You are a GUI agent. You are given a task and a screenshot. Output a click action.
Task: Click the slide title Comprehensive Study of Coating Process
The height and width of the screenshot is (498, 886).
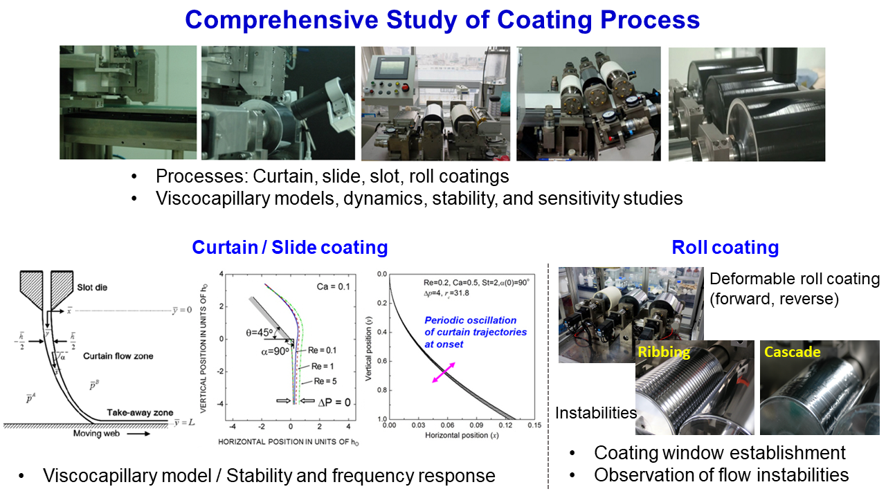[x=442, y=20]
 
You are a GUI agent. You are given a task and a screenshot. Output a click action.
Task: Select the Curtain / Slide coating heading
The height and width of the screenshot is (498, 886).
[x=289, y=248]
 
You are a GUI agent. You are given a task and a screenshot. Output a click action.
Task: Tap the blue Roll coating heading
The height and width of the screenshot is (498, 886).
[x=725, y=248]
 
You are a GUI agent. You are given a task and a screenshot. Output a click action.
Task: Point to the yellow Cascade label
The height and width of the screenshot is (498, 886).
[x=792, y=352]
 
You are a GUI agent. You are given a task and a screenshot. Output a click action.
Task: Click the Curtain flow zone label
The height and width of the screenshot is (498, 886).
[x=118, y=356]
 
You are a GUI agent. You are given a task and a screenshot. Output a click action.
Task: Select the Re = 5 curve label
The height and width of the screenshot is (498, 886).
[x=328, y=382]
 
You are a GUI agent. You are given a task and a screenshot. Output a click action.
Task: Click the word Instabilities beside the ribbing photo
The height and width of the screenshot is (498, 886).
[x=595, y=413]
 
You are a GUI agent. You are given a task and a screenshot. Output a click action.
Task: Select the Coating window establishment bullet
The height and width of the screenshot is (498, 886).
[x=720, y=453]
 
